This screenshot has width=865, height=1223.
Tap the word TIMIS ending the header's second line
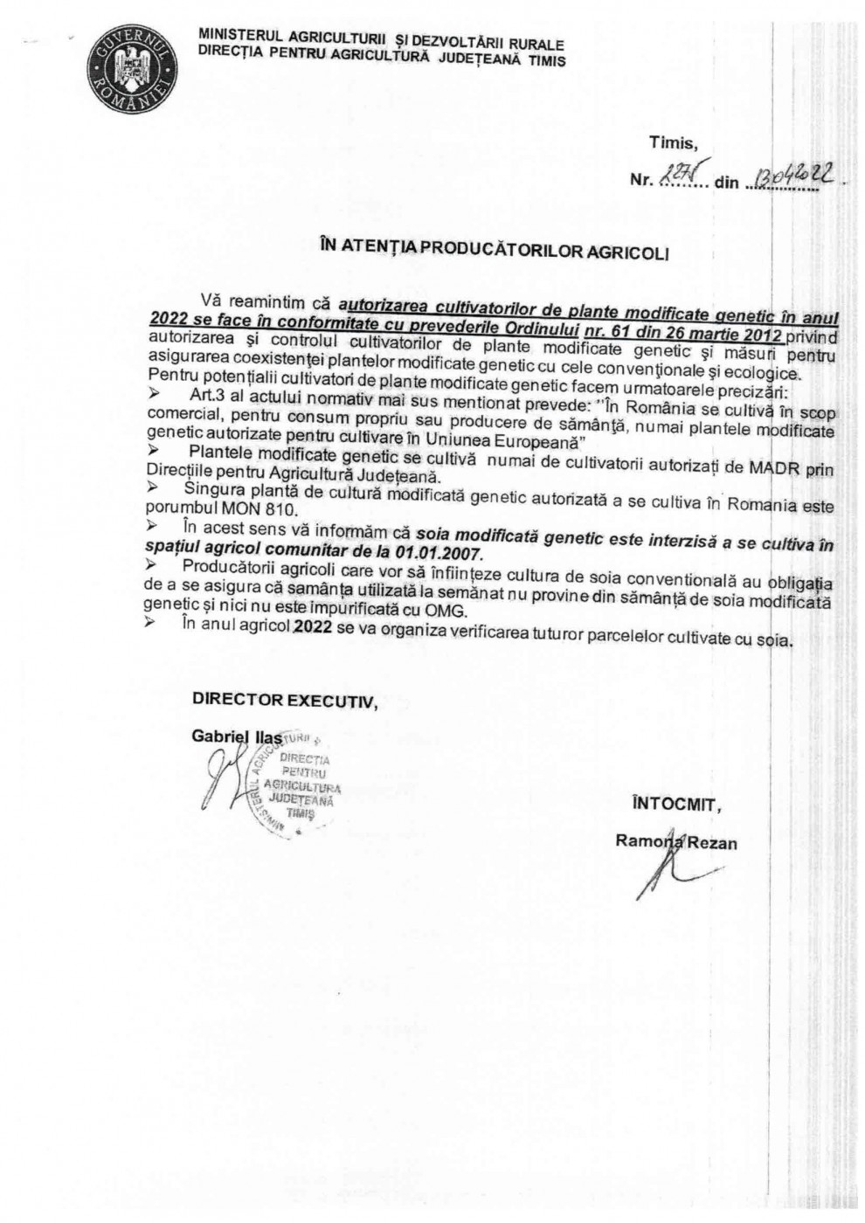[x=547, y=61]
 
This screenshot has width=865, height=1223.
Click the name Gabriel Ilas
[x=235, y=736]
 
